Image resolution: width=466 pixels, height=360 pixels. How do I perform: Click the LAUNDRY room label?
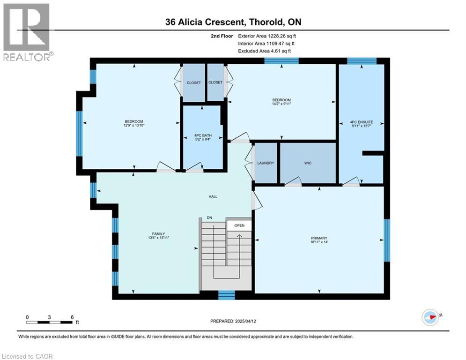(266, 163)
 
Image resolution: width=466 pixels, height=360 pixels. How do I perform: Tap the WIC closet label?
(308, 163)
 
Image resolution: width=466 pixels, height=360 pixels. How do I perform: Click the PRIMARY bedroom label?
(319, 238)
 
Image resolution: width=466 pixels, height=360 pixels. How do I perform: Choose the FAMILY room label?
(158, 234)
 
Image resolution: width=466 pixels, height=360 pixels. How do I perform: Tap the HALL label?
(213, 197)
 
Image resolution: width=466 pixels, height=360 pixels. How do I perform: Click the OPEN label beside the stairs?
(239, 225)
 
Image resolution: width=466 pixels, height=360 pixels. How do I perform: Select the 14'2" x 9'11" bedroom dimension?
(282, 104)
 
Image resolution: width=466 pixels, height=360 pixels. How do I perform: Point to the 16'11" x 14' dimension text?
(319, 242)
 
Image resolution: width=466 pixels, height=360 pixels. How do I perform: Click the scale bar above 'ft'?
(50, 322)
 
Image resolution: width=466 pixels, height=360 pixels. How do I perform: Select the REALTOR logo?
(27, 32)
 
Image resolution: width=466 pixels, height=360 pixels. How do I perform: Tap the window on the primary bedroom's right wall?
(387, 240)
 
